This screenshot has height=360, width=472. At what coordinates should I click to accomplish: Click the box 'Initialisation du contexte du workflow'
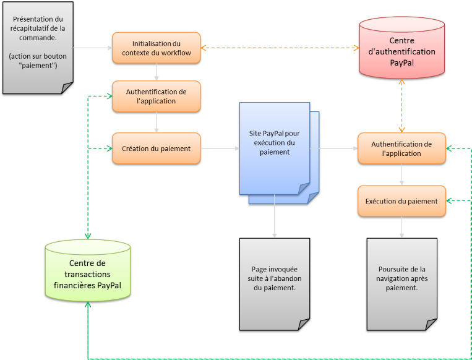(x=157, y=48)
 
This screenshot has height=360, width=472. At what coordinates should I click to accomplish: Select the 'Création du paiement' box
(x=157, y=148)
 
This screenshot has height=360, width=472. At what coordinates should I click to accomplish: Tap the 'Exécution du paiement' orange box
(x=401, y=201)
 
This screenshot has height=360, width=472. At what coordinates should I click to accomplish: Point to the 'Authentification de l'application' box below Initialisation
(x=157, y=96)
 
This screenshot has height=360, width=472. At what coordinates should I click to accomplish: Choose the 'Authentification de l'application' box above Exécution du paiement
(x=401, y=148)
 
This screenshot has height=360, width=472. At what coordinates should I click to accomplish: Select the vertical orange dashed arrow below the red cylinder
(x=402, y=106)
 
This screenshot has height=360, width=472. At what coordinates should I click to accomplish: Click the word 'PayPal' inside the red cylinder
(x=402, y=62)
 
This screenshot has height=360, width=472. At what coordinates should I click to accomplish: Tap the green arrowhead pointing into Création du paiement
(x=108, y=148)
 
